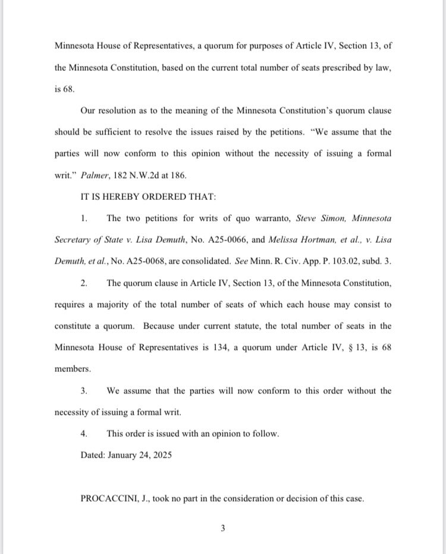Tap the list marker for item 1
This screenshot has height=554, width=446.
tap(84, 218)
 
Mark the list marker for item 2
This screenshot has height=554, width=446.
tap(84, 283)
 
